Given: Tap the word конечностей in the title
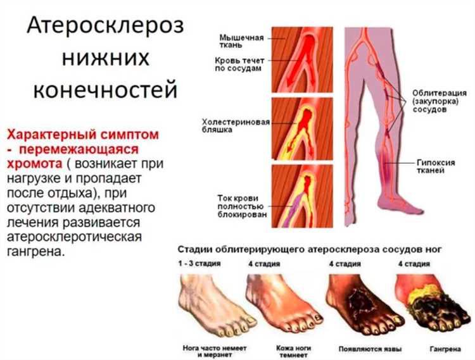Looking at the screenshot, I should (104, 89).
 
